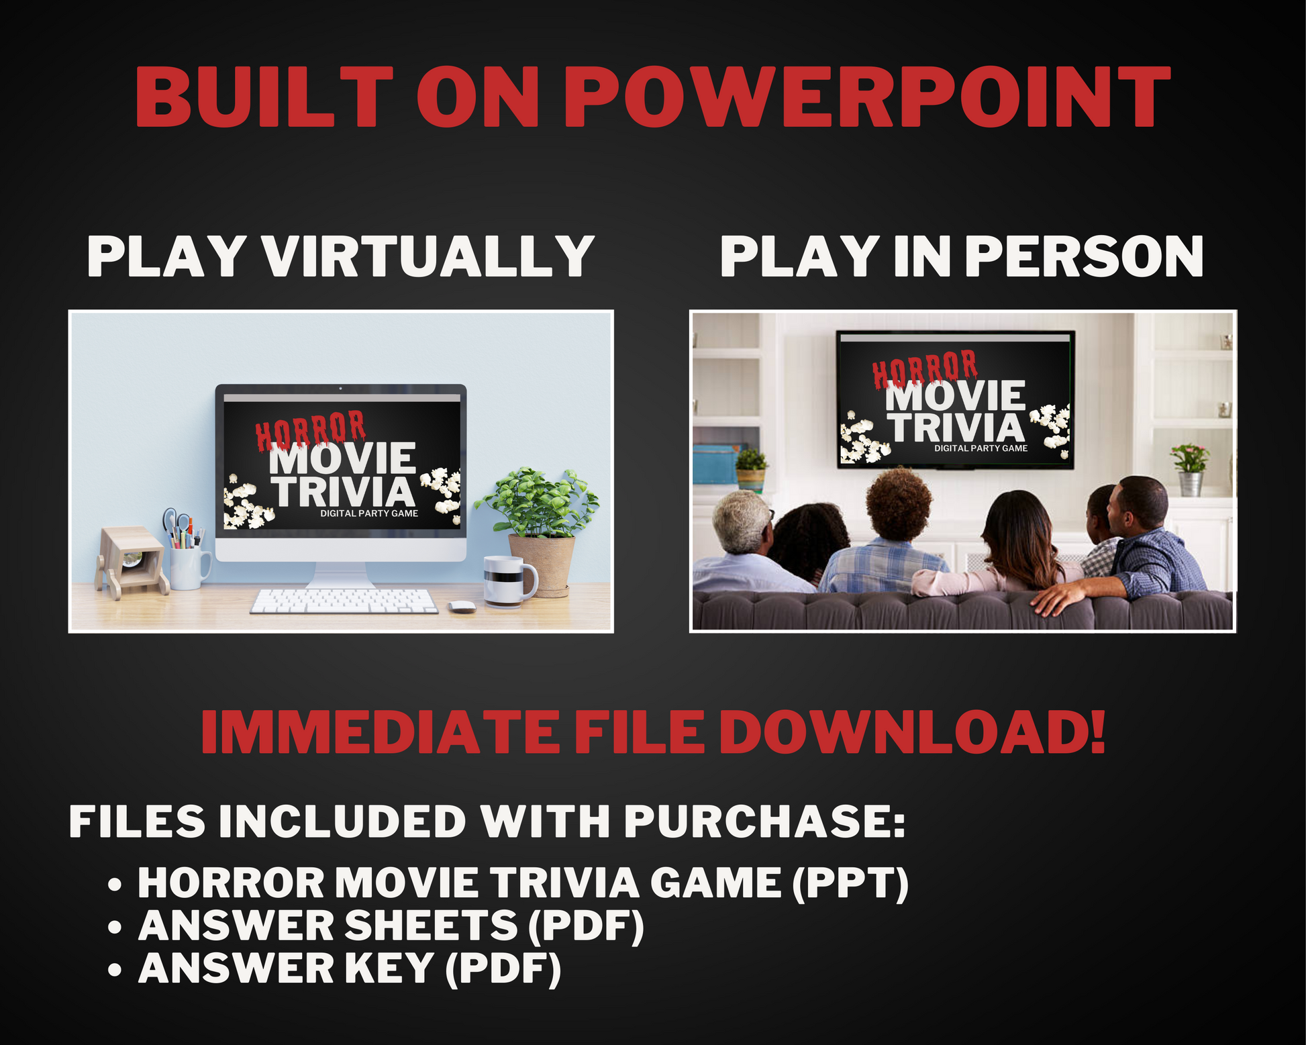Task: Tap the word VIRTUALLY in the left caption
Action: coord(428,256)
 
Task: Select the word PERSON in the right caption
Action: coord(1088,256)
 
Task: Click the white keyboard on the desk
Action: coord(344,601)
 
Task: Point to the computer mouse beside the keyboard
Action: coord(462,607)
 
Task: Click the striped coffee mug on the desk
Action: coord(509,581)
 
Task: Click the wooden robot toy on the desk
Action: coord(132,562)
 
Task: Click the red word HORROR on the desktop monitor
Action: coord(310,429)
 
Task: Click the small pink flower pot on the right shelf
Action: coord(1190,469)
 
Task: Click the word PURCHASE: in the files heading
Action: coord(765,822)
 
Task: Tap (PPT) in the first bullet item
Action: coord(850,883)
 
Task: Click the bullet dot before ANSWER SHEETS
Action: coord(115,928)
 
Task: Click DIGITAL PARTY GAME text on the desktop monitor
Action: coord(369,513)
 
